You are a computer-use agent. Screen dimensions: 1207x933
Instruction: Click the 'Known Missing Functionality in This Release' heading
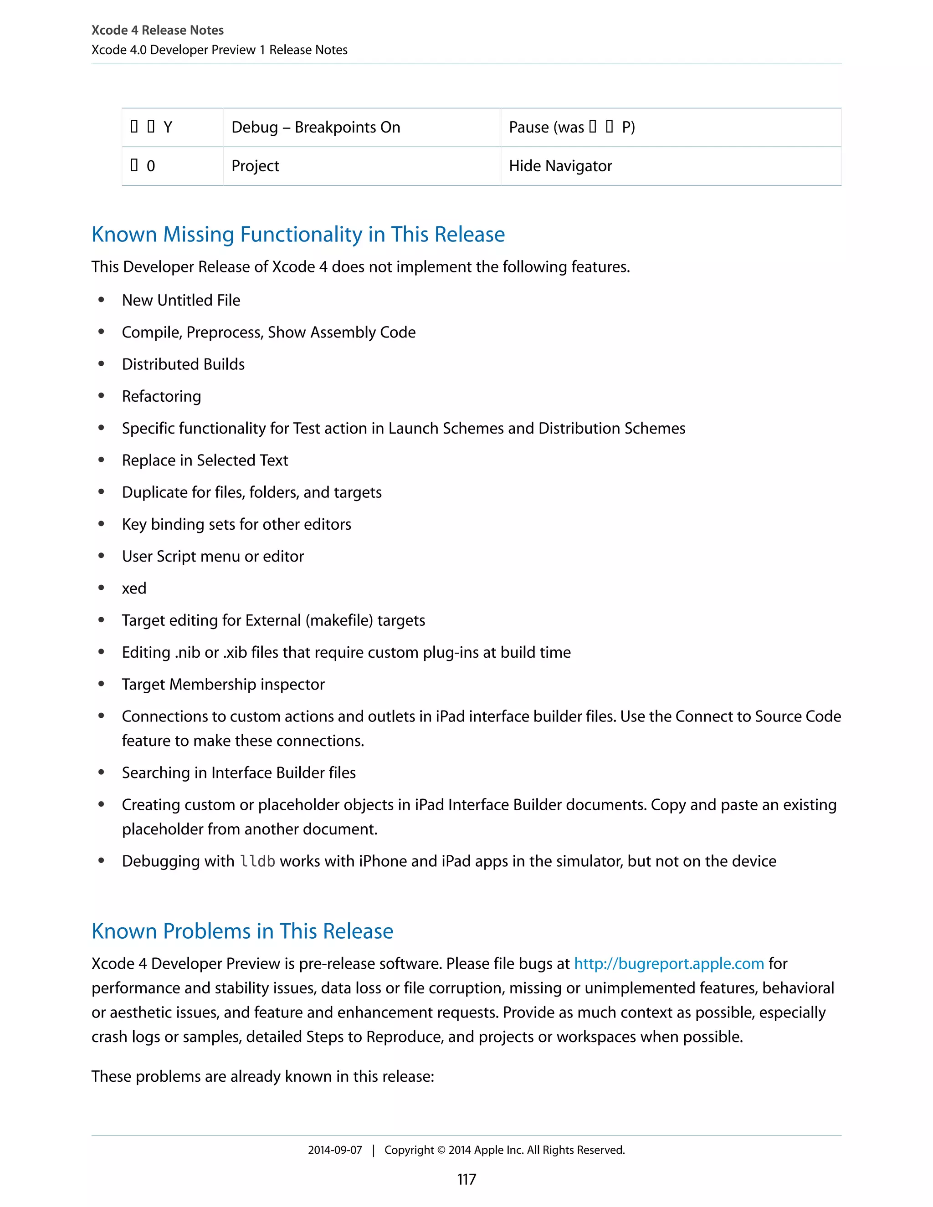[298, 234]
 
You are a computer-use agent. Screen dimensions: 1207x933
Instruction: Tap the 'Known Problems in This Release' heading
[242, 931]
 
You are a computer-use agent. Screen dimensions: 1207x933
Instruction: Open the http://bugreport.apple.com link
[669, 964]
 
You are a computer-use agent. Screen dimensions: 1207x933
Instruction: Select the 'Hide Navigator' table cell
[560, 166]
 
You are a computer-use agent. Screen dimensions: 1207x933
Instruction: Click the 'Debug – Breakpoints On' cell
[316, 127]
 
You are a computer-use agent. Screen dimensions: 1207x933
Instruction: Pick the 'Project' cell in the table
[256, 166]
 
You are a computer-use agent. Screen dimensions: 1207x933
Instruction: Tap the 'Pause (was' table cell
[572, 127]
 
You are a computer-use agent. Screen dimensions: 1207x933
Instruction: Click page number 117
[466, 1179]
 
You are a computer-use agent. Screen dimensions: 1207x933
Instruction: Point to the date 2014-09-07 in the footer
[335, 1150]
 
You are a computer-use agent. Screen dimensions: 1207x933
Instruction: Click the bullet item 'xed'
[134, 588]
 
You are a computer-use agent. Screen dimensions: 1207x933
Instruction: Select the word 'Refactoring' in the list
[161, 396]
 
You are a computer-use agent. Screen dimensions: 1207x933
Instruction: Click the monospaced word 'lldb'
[257, 862]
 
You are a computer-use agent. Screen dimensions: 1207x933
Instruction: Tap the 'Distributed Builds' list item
[183, 364]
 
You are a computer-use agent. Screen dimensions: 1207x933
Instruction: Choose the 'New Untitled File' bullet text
[181, 300]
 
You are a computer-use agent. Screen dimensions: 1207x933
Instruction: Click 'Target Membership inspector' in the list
[223, 685]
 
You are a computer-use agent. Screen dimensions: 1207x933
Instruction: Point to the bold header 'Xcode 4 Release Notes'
[158, 30]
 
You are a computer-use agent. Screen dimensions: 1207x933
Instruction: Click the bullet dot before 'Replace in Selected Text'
[101, 460]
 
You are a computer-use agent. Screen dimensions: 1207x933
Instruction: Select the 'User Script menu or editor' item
[213, 557]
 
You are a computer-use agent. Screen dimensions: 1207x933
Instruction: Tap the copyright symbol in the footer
[441, 1150]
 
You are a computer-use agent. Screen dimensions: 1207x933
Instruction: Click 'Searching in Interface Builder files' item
[239, 772]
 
